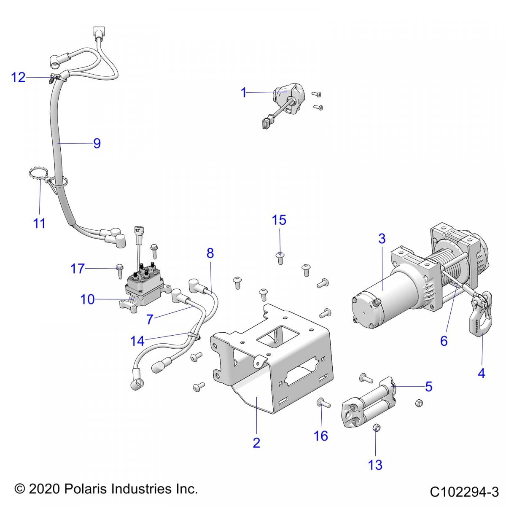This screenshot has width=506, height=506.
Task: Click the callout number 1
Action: point(243,92)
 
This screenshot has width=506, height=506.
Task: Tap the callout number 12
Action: point(18,78)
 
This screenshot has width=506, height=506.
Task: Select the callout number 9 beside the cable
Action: point(97,143)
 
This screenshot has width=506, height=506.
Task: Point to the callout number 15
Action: point(279,220)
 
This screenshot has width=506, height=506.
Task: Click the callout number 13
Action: point(375,465)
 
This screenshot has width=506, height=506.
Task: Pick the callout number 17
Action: point(78,268)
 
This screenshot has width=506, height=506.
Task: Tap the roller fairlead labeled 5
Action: point(371,401)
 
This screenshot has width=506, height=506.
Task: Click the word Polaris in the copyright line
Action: point(86,489)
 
